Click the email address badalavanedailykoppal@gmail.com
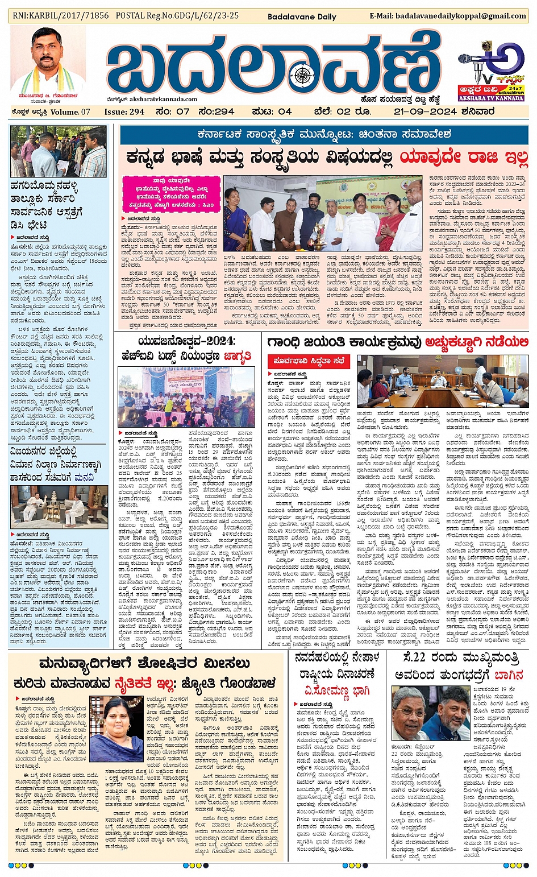point(448,16)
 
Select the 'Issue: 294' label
point(124,111)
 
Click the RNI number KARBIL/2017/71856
point(60,16)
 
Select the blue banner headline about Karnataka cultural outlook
point(324,135)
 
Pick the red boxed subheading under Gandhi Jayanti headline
point(308,361)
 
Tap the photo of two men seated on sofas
point(59,506)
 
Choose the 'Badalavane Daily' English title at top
point(302,16)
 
